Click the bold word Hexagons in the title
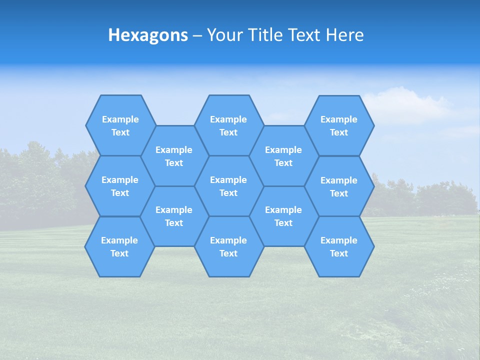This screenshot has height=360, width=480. (x=148, y=35)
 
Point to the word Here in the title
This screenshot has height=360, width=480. (x=344, y=35)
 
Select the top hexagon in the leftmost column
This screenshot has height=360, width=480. (x=120, y=125)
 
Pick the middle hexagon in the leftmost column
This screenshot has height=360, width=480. (x=120, y=186)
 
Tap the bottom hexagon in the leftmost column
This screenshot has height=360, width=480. (x=119, y=246)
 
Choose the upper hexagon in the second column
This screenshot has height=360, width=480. (x=174, y=156)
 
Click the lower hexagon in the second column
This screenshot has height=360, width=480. (x=174, y=216)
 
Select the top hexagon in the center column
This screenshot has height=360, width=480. (x=228, y=125)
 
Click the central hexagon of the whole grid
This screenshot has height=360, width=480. (x=228, y=186)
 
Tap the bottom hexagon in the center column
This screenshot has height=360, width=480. (x=228, y=246)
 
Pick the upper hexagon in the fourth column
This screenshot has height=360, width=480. (x=283, y=156)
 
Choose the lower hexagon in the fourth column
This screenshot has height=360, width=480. (x=283, y=216)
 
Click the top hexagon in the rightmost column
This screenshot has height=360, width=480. (x=339, y=125)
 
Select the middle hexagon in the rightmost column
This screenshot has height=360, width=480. (x=339, y=186)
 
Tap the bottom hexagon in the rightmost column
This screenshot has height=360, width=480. (x=339, y=246)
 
